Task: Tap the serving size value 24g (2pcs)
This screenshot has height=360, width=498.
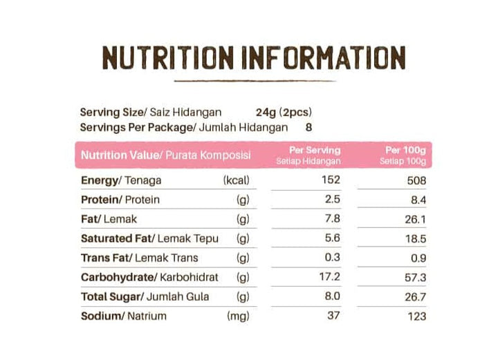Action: click(284, 112)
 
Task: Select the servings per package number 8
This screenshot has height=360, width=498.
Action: click(308, 127)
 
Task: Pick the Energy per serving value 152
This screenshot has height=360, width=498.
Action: click(331, 180)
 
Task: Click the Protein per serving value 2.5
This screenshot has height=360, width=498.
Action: click(333, 200)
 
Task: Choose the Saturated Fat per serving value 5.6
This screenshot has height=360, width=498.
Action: click(333, 238)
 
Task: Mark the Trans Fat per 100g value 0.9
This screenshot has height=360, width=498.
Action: click(418, 258)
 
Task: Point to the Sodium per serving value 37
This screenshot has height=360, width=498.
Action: click(335, 316)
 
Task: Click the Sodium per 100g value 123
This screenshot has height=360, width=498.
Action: click(416, 316)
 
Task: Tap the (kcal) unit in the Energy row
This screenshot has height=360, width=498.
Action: click(236, 180)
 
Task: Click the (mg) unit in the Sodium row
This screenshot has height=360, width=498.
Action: click(238, 316)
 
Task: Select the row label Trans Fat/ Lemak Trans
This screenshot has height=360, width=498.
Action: click(140, 258)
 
